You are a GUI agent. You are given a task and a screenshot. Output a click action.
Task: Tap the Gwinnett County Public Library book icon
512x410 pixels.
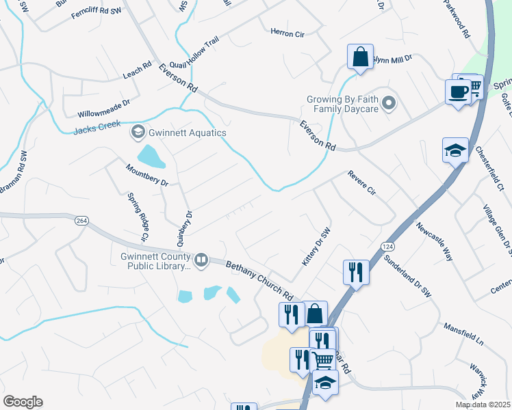click(201, 259)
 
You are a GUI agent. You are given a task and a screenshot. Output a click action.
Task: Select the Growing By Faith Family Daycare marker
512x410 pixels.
click(389, 103)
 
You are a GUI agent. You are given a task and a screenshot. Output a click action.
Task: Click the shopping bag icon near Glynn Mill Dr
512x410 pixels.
click(360, 57)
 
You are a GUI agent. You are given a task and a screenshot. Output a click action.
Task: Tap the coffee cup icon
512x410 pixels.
click(457, 92)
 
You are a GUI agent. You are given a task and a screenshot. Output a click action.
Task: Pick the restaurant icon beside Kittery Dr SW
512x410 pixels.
click(356, 272)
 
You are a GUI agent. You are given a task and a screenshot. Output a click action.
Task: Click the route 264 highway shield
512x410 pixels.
click(81, 221)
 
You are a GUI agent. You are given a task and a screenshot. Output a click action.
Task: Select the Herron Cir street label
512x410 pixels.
click(287, 33)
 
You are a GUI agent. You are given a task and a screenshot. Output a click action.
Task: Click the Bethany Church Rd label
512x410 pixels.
click(259, 279)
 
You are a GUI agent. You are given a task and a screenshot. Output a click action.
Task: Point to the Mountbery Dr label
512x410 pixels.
click(146, 176)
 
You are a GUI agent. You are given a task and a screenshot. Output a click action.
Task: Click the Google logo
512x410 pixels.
click(23, 402)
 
